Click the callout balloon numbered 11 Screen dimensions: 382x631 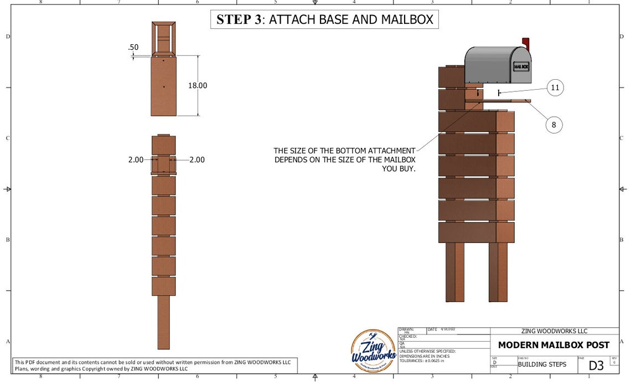point(555,87)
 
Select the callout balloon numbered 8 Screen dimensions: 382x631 point(554,125)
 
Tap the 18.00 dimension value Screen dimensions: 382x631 point(198,86)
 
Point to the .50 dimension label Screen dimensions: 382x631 point(133,48)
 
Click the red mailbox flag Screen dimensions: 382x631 point(526,43)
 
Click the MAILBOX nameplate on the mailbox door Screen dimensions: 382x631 point(521,66)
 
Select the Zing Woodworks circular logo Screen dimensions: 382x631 point(374,351)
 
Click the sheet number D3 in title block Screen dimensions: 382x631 point(596,365)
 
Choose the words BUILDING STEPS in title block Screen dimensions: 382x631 point(542,365)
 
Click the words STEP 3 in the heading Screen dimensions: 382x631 point(239,19)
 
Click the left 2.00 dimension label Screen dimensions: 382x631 point(136,159)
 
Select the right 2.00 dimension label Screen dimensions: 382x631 point(196,159)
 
